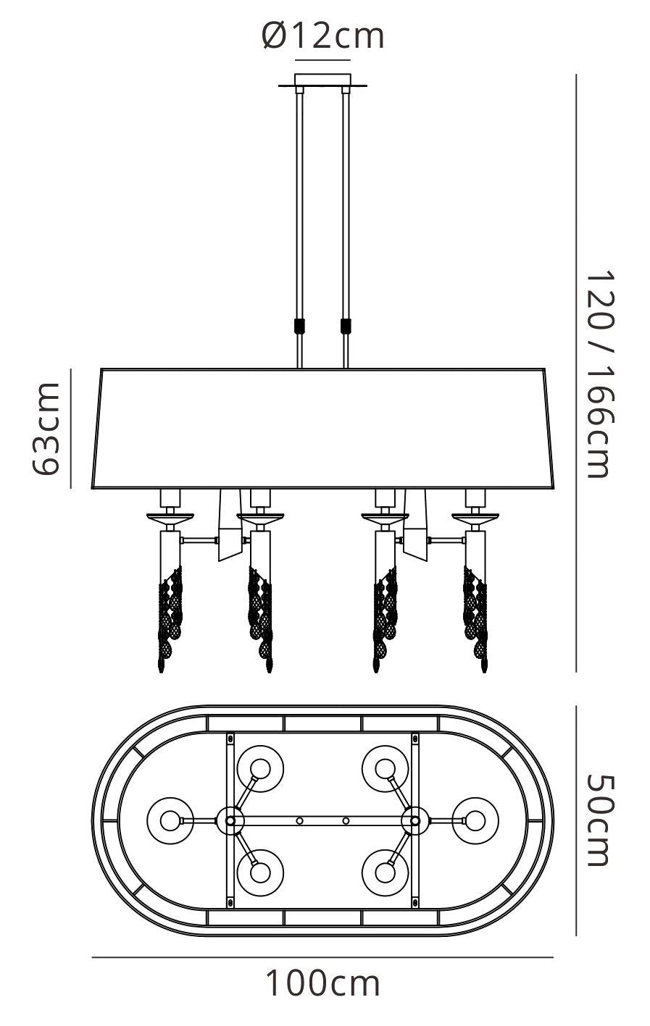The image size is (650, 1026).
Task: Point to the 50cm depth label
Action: pyautogui.click(x=599, y=820)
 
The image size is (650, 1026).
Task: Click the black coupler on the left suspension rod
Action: pyautogui.click(x=299, y=326)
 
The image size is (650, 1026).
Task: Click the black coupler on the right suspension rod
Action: pyautogui.click(x=346, y=326)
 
